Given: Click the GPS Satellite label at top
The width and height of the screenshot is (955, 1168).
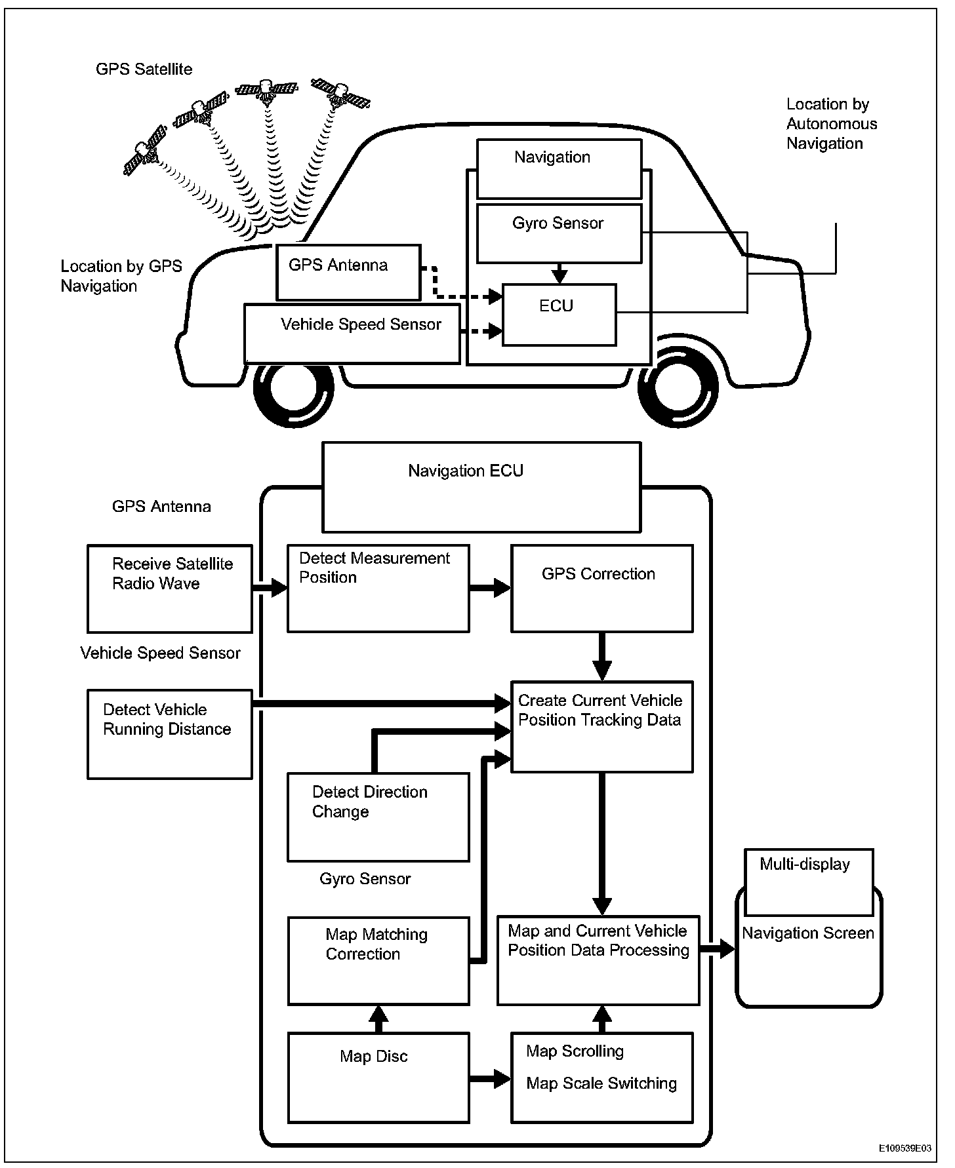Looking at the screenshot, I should (x=144, y=69).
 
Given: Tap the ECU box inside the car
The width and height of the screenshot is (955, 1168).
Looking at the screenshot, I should (x=559, y=315).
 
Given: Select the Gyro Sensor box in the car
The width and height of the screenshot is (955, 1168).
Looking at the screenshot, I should (x=558, y=233).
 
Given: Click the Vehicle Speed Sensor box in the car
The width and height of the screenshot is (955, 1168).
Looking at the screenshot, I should (x=352, y=333).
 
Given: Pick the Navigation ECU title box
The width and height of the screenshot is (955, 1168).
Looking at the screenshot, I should (x=481, y=486).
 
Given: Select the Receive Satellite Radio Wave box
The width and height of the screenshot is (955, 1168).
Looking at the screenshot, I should (x=169, y=588).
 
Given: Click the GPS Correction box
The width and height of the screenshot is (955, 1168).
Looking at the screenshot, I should (x=601, y=588).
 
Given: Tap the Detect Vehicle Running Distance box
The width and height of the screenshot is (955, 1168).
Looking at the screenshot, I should (x=169, y=733).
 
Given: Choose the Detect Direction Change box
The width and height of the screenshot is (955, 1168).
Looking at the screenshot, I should (x=378, y=817).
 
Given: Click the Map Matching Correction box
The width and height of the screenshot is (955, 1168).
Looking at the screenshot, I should (x=378, y=960).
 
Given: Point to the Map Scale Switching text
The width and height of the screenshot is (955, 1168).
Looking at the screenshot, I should (x=601, y=1083).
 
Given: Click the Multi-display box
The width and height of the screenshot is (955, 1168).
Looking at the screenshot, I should (x=809, y=882).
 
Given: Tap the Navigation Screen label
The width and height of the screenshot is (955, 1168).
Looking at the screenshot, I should (x=808, y=933).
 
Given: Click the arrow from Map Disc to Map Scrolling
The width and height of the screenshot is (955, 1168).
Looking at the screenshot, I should (x=490, y=1078).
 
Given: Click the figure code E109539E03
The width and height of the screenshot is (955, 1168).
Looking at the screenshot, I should (x=904, y=1149).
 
